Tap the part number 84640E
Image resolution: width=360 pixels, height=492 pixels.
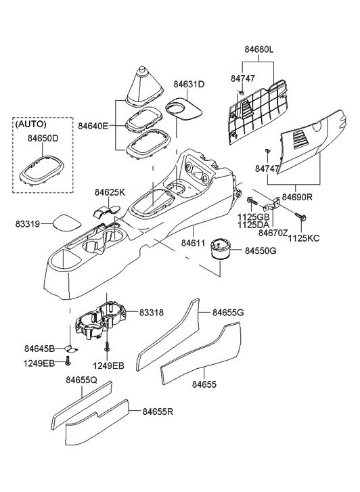pos(93,126)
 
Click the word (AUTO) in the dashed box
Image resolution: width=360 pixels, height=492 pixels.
pos(32,125)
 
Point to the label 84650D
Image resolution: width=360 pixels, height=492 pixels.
pos(43,139)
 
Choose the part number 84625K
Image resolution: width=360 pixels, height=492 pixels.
pos(110,192)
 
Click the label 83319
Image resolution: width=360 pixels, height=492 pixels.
pos(29,222)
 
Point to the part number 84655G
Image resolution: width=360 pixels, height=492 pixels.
pos(228,312)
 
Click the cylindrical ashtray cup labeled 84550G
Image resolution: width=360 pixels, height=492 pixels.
pos(221,248)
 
